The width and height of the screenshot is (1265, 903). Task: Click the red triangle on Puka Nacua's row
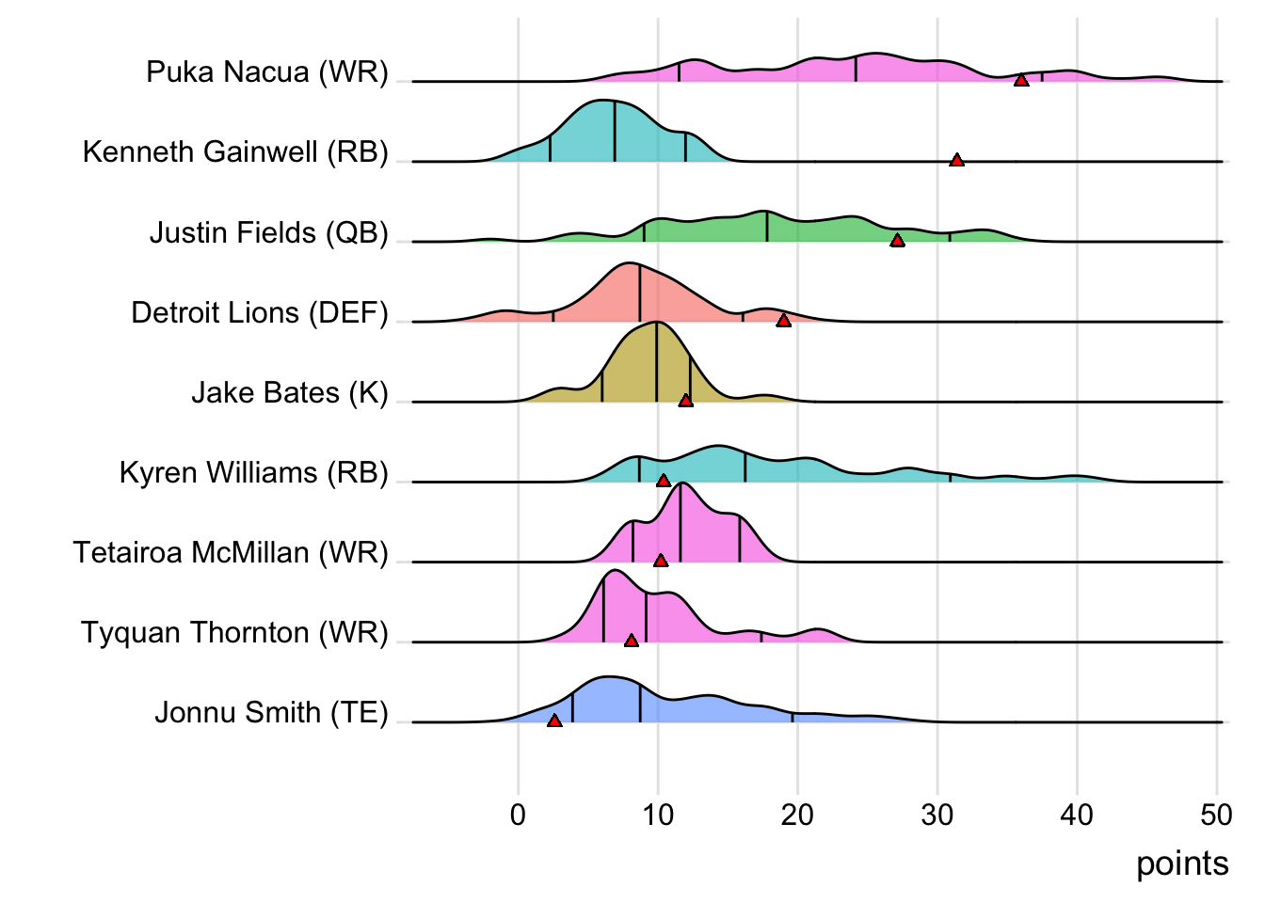(1021, 81)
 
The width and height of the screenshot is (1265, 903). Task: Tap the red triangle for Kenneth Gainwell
(957, 161)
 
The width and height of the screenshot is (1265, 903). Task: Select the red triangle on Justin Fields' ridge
(898, 241)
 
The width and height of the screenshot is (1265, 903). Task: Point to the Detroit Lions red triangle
(783, 321)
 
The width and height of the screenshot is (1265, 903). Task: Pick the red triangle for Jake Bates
(686, 401)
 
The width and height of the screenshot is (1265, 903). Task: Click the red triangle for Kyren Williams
(664, 481)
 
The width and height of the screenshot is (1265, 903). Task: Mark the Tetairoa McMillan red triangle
(661, 561)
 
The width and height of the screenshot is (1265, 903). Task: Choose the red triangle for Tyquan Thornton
(632, 641)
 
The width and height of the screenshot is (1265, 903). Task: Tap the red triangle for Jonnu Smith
(554, 721)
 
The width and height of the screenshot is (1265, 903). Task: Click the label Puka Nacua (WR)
(267, 72)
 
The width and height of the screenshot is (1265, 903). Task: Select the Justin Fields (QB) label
(269, 232)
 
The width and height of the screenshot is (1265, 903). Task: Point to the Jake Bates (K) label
(290, 392)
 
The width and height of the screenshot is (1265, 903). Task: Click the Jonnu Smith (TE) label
(272, 713)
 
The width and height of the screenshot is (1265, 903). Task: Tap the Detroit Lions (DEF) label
(260, 312)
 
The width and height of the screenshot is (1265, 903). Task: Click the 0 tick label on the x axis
(518, 815)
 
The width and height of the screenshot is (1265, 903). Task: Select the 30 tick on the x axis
(937, 815)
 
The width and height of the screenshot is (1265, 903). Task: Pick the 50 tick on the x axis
(1217, 815)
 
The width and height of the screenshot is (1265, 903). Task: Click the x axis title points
(1182, 863)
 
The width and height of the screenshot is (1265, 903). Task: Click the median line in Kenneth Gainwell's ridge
(615, 132)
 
